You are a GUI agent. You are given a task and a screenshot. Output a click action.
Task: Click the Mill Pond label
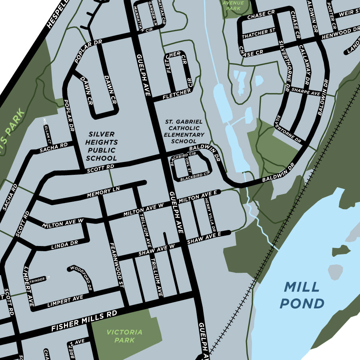click(302, 295)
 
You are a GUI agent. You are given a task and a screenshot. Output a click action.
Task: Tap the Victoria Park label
click(124, 336)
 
